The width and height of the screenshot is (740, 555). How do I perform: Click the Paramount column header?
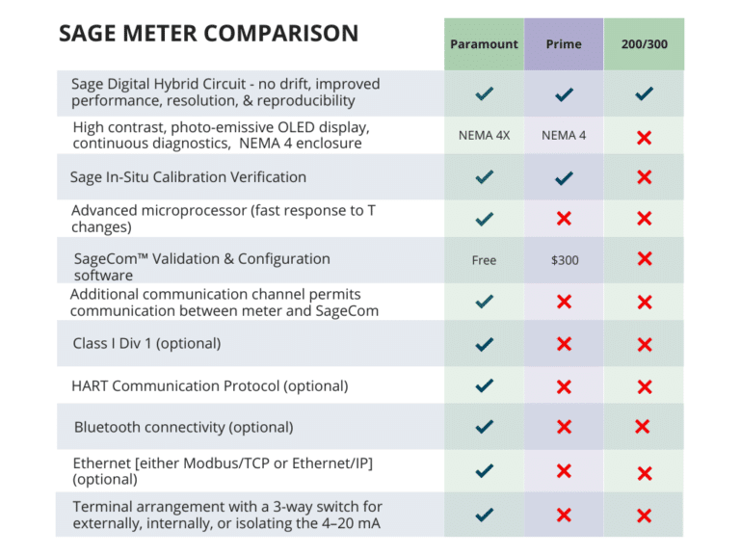[x=484, y=44]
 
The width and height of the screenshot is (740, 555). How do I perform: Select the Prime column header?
[x=564, y=44]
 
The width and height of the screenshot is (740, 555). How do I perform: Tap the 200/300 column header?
[x=645, y=44]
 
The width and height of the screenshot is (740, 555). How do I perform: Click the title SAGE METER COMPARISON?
[x=208, y=34]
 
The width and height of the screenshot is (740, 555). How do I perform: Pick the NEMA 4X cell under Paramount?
[x=484, y=136]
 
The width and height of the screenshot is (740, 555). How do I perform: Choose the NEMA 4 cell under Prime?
[x=564, y=136]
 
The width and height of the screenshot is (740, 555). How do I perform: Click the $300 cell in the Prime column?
[x=564, y=260]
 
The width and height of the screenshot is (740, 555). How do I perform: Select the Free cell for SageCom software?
[x=484, y=260]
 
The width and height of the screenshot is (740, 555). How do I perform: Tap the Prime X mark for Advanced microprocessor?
[x=564, y=219]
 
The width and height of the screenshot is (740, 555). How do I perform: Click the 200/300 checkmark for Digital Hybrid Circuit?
[x=645, y=93]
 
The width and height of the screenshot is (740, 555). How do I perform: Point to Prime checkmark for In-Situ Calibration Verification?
[x=565, y=177]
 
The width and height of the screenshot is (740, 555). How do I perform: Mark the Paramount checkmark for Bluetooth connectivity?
[x=485, y=427]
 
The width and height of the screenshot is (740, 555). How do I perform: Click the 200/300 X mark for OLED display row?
[x=645, y=138]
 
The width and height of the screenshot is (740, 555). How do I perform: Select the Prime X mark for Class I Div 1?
[x=565, y=344]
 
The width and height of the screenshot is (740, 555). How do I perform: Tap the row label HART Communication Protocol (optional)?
[x=210, y=385]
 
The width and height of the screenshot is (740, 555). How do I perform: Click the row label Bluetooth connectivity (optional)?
[x=183, y=427]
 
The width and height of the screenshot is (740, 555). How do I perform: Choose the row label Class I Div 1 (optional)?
[x=146, y=343]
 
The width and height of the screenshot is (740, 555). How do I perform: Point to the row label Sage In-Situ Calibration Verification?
[x=188, y=177]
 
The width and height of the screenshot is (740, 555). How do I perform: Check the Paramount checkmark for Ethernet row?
[x=485, y=471]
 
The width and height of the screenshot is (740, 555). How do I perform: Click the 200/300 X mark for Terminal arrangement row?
[x=645, y=516]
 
